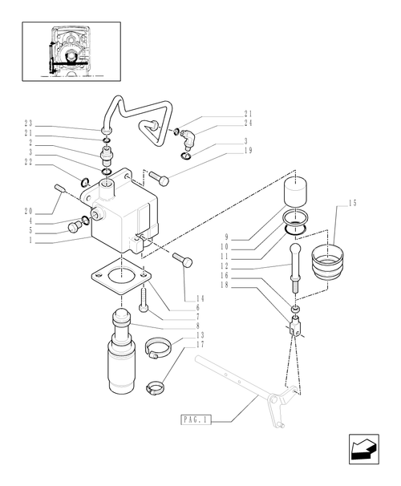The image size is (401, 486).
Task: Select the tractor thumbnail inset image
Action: [72, 51]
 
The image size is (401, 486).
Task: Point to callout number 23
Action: [28, 123]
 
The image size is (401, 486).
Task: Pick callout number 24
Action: [249, 123]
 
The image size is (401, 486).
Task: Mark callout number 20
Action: [28, 212]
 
